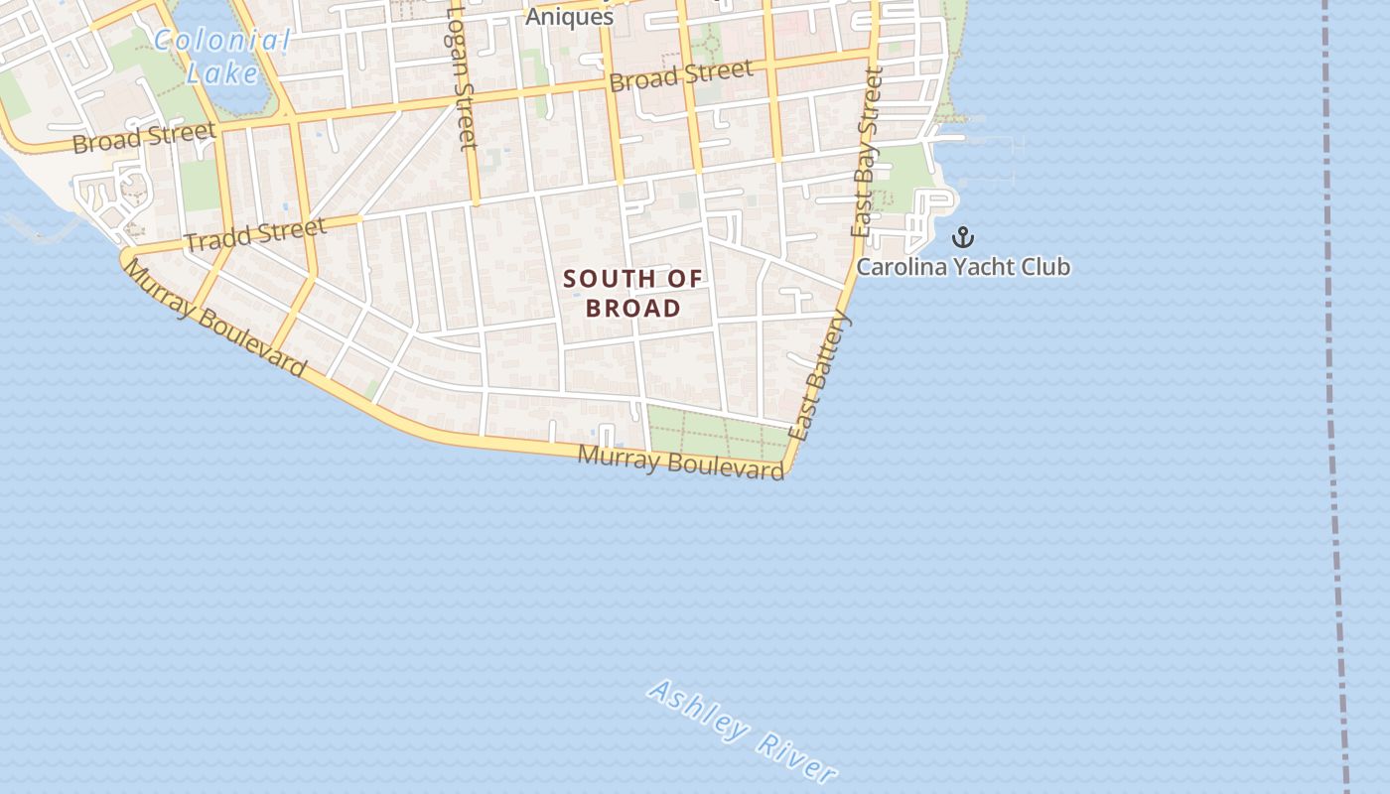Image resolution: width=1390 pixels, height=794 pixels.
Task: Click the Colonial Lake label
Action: point(222,56)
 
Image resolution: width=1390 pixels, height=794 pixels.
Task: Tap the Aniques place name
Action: point(569,17)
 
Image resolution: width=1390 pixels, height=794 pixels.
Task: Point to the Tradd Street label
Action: point(255,235)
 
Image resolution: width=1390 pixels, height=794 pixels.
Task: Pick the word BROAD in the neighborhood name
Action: point(632,308)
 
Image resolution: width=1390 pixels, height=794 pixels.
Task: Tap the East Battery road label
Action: point(820,374)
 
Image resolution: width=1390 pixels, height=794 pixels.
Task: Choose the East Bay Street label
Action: point(866,151)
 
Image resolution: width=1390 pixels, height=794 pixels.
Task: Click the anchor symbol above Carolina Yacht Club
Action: point(962,237)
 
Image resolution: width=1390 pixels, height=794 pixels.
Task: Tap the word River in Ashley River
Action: point(795,757)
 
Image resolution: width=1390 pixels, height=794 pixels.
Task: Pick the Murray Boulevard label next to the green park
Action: point(681,463)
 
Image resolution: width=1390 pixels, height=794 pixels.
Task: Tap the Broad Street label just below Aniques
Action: point(680,75)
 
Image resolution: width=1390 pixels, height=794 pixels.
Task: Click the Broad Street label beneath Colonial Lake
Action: point(144,138)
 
